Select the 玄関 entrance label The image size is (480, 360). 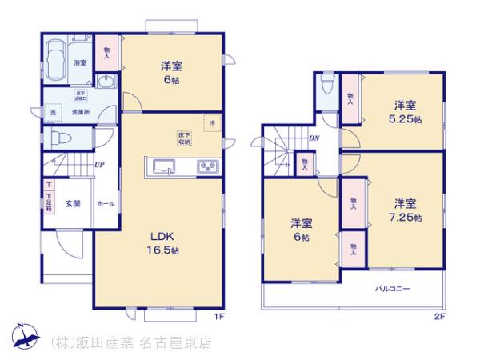point(73,204)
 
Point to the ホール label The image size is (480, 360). point(106,204)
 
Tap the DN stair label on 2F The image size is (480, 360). point(314,138)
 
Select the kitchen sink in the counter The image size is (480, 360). point(163,167)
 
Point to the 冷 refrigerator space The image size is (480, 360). point(212,123)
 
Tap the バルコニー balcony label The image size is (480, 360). point(391,286)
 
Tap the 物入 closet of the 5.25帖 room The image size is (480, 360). point(350,98)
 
